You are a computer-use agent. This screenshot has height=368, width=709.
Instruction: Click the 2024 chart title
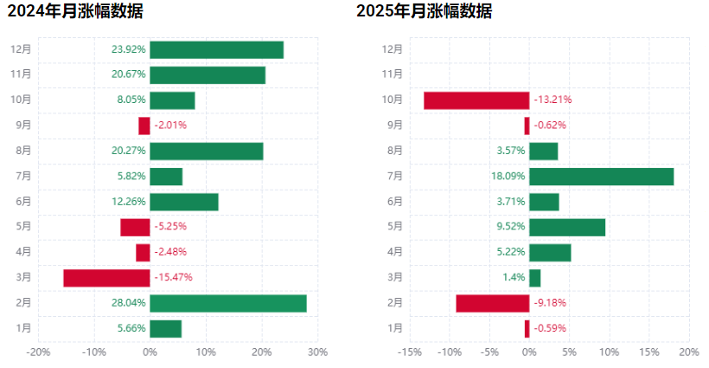75,12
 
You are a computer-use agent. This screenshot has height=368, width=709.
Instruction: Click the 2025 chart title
425,12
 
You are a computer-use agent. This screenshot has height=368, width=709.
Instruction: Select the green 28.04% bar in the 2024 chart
227,303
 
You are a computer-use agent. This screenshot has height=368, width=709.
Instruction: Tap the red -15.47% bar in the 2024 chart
106,278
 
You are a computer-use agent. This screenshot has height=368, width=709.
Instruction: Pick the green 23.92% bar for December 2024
216,49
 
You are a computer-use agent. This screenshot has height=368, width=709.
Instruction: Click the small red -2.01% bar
144,126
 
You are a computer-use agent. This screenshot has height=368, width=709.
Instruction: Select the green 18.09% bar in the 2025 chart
601,177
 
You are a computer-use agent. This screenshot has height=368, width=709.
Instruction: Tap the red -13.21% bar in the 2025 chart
476,100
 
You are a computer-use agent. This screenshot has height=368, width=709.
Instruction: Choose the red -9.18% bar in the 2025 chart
492,303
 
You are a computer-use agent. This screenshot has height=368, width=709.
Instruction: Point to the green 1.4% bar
534,278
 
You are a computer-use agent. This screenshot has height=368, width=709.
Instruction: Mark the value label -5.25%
170,227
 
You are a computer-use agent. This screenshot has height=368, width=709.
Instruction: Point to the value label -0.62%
550,126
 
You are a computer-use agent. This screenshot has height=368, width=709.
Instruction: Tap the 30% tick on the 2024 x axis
317,352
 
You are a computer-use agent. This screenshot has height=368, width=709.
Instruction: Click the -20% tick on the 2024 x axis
38,352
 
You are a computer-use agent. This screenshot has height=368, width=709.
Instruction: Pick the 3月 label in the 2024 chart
23,277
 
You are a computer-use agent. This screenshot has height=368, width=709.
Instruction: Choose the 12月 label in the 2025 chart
393,49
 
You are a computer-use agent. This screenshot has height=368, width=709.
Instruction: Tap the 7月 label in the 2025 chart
395,177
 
